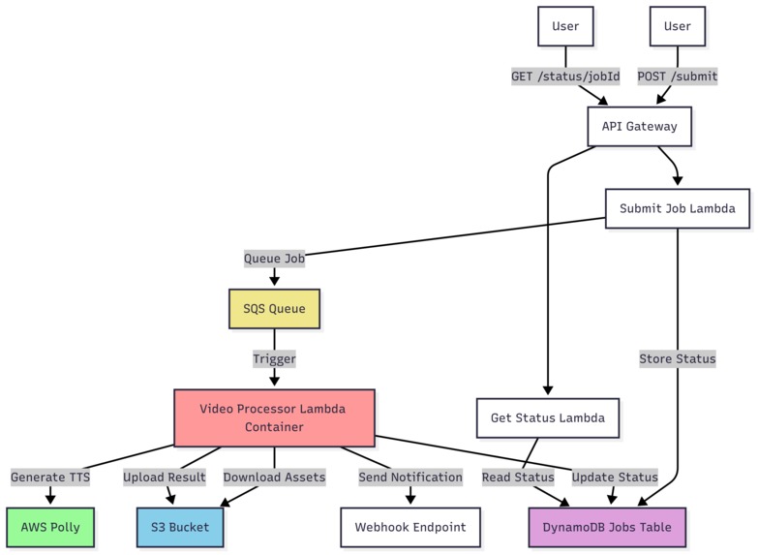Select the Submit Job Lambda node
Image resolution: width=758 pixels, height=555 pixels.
[677, 208]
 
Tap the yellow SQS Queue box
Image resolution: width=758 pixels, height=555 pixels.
[274, 309]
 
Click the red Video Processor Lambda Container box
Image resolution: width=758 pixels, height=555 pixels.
[273, 417]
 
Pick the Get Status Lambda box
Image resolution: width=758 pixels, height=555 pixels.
[547, 417]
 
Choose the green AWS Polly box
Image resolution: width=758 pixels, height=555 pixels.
[50, 527]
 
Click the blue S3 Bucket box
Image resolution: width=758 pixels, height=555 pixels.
[179, 527]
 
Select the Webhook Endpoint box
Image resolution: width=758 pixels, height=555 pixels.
[409, 527]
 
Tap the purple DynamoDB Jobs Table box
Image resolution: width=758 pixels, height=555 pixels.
[608, 527]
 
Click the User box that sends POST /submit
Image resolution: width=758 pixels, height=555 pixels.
[678, 26]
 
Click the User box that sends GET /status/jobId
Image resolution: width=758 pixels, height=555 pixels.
[565, 26]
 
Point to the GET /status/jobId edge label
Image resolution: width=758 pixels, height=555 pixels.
[565, 76]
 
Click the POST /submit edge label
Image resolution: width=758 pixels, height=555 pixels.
[678, 76]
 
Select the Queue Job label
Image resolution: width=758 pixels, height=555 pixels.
[274, 259]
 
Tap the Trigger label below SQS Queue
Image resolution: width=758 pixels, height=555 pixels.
[274, 358]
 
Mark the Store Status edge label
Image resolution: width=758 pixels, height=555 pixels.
[677, 358]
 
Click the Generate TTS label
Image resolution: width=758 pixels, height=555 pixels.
[50, 477]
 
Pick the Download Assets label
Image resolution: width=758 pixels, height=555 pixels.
[274, 477]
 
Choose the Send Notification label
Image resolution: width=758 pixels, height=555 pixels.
[409, 477]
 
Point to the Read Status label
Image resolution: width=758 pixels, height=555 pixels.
[518, 477]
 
